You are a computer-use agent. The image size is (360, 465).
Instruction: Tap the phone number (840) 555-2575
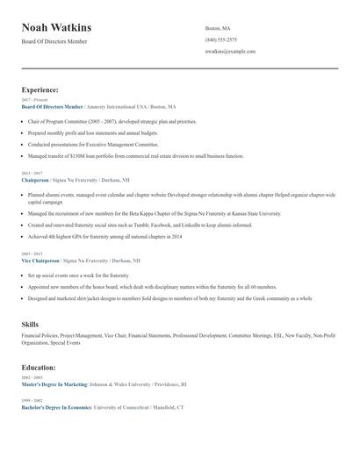pos(220,39)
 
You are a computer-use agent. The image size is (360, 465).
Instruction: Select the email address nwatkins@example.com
pos(230,51)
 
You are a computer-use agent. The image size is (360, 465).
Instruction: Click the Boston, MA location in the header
pos(218,28)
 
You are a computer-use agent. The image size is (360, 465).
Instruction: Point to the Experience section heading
pos(40,89)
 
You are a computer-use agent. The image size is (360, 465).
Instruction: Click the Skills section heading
pos(30,325)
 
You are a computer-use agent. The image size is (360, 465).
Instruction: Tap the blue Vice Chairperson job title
pos(40,261)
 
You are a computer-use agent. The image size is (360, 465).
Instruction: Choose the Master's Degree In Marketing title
pos(54,384)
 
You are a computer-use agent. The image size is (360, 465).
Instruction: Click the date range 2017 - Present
pos(34,100)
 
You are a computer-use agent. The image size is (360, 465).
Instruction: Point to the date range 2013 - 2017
pos(32,174)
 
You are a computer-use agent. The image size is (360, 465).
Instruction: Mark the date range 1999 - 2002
pos(32,401)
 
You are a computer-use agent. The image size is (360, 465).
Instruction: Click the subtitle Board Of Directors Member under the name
pos(54,41)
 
